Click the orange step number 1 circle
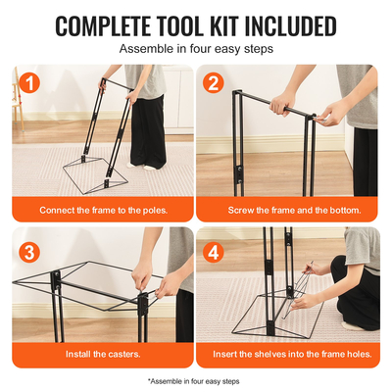(x=31, y=85)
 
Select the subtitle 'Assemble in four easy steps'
(x=196, y=47)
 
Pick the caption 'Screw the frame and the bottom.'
(x=289, y=211)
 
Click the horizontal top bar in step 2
(x=260, y=101)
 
